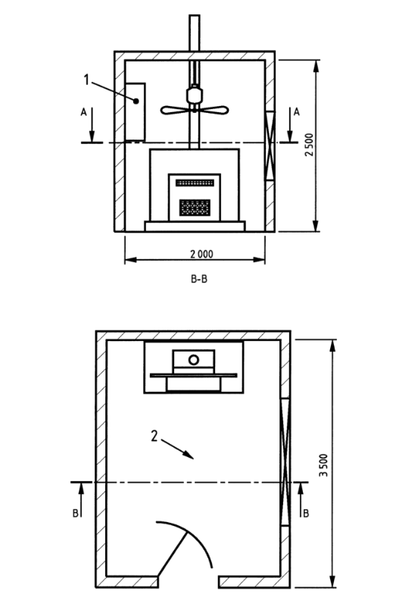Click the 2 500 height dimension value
pos(309,145)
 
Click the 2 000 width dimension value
pos(201,254)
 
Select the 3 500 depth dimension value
pos(324,465)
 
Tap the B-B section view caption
pos(199,279)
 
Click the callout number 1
pos(86,80)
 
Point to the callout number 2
pos(154,436)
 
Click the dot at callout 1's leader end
pos(136,102)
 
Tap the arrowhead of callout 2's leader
pos(189,455)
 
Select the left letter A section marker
pos(83,112)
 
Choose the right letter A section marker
pos(296,111)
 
